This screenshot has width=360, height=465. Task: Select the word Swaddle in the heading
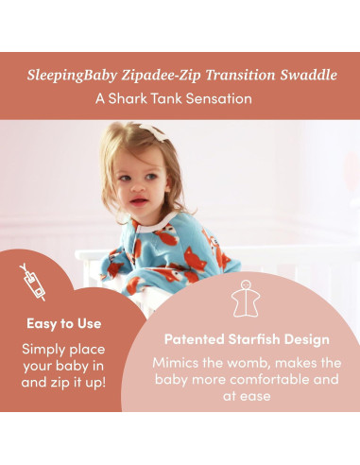tap(302, 74)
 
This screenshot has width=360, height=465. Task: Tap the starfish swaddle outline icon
tap(246, 301)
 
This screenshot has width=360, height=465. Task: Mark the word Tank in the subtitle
tap(180, 97)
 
